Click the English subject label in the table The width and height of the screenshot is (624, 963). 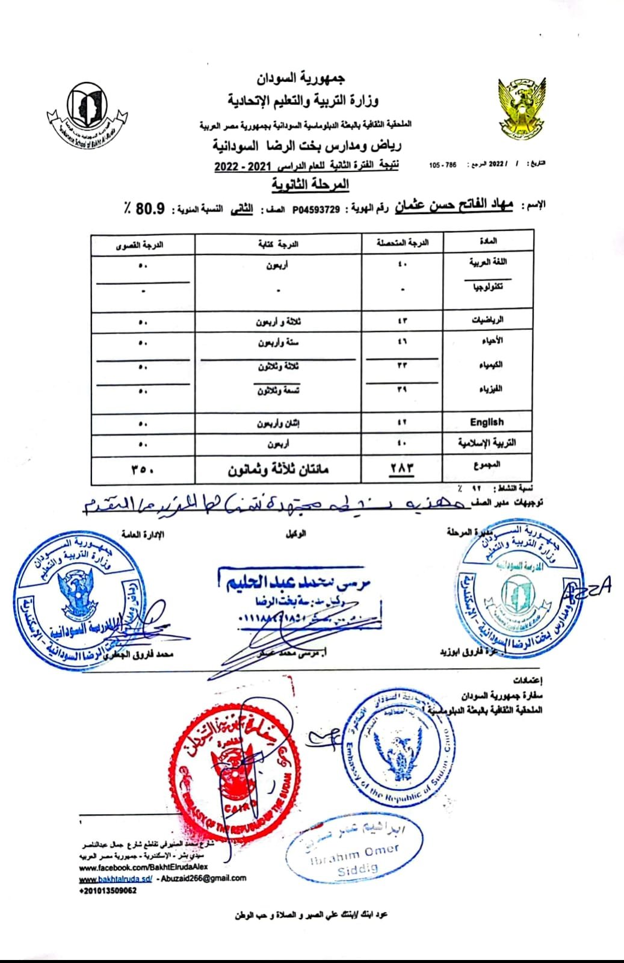click(487, 422)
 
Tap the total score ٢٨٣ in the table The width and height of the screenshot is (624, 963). click(403, 468)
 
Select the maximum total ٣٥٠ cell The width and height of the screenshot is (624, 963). click(143, 468)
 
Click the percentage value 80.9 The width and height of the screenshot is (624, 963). click(150, 209)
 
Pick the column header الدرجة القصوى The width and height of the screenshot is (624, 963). click(143, 244)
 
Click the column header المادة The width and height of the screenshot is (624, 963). click(488, 242)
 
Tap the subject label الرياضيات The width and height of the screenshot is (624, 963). click(487, 320)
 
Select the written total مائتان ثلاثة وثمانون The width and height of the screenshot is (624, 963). click(278, 469)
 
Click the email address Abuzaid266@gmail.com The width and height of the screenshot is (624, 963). click(205, 878)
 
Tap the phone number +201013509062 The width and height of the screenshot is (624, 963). click(108, 890)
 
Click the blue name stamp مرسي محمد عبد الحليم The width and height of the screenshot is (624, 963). click(292, 581)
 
